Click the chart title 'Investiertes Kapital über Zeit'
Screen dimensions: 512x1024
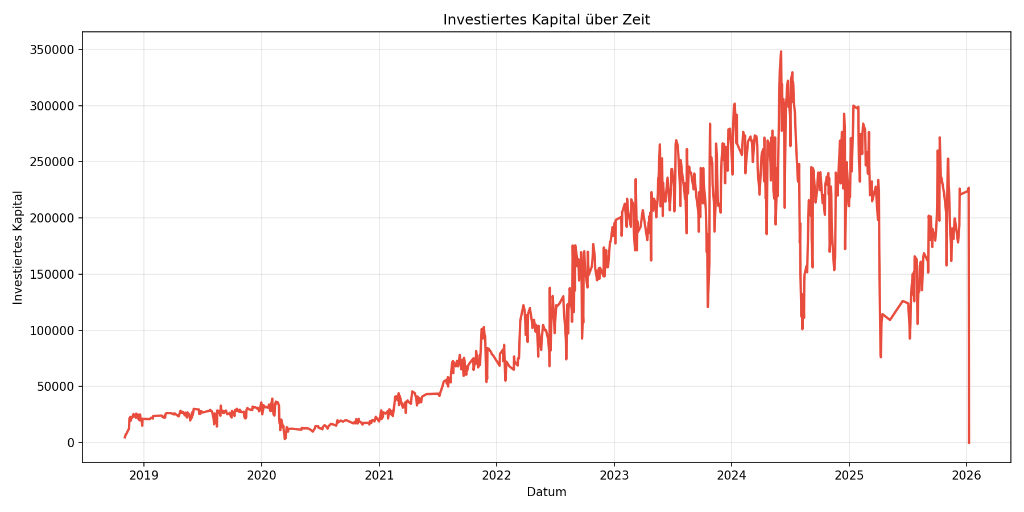(546, 20)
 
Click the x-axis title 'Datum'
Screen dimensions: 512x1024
(546, 492)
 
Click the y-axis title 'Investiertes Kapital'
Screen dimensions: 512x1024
(18, 247)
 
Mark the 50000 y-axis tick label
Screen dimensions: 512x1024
(56, 386)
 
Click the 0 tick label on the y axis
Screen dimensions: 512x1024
(71, 443)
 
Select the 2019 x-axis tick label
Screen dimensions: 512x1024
(144, 475)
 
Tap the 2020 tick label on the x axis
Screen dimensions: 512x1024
(261, 475)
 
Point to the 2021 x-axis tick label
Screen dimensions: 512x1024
(379, 475)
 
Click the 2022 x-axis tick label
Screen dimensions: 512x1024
(496, 475)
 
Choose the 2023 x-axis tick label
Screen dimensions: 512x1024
(614, 475)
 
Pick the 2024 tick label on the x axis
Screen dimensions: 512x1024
(732, 475)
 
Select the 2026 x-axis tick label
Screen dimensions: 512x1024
(967, 475)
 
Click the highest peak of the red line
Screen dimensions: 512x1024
(781, 52)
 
